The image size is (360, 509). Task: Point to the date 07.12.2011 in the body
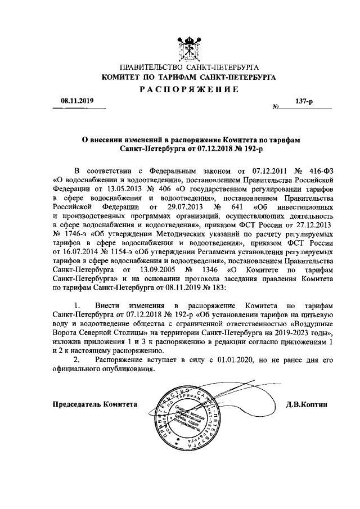271,170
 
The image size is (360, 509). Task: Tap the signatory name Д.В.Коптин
306,404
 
